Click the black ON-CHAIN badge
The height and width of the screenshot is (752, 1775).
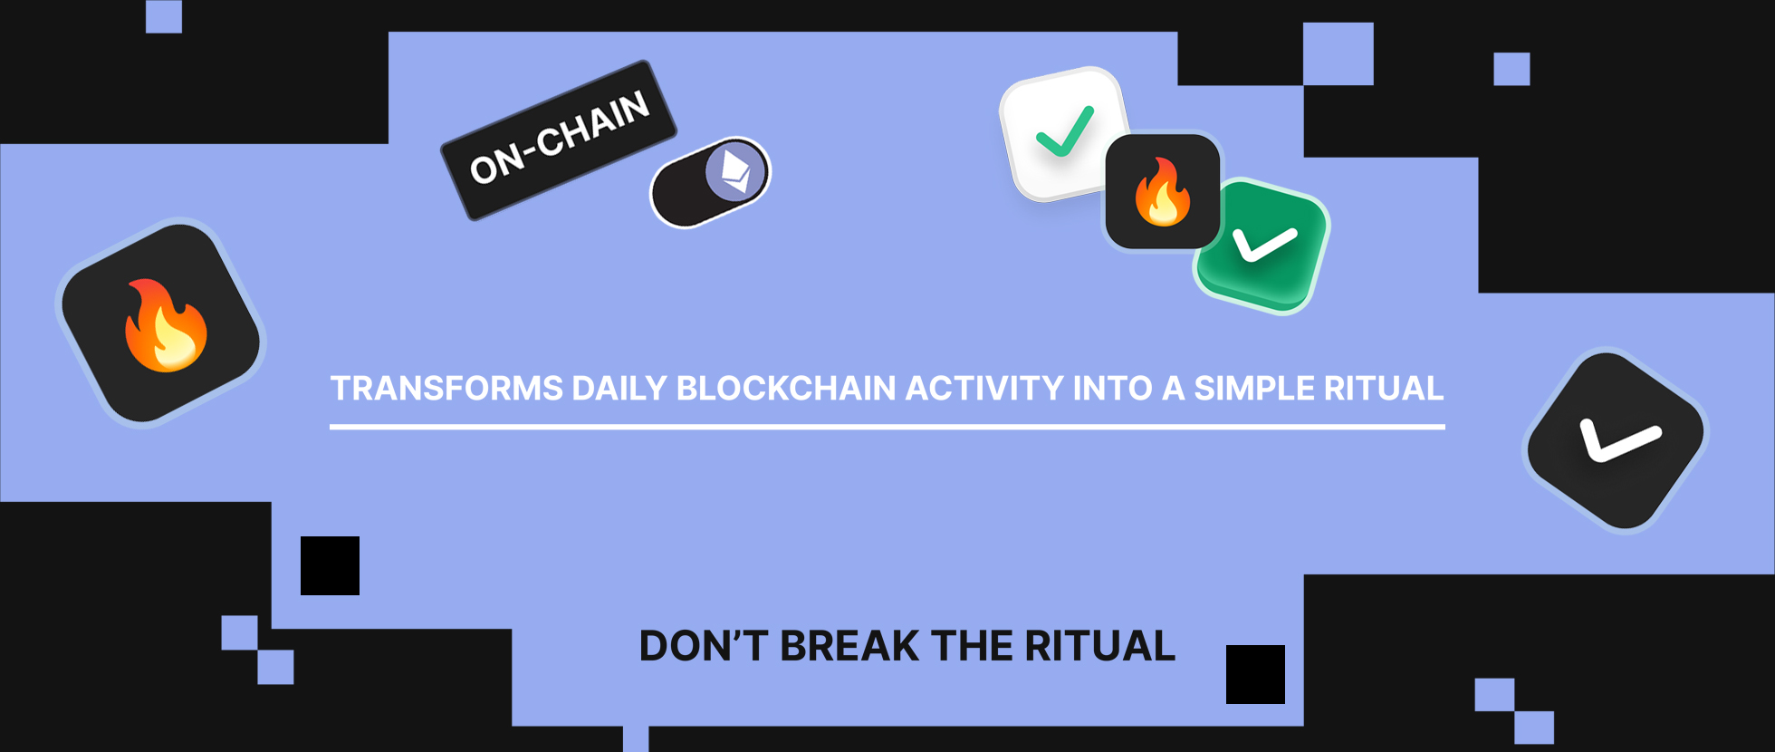point(559,140)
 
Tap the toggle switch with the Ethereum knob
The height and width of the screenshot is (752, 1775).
point(710,182)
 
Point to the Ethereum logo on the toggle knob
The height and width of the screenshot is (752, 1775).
point(735,171)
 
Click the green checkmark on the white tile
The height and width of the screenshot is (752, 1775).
point(1065,131)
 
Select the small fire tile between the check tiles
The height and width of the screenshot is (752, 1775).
point(1163,191)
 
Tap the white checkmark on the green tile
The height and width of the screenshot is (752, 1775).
point(1265,244)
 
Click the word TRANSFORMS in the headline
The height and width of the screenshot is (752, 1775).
point(447,389)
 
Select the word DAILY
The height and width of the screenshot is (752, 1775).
point(619,389)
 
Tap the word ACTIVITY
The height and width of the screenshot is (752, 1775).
point(984,389)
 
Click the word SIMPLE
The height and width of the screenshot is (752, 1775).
point(1254,389)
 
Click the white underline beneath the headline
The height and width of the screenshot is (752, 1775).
point(887,426)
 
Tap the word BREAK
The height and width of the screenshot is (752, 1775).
point(849,646)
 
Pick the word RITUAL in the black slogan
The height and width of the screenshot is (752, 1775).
point(1099,646)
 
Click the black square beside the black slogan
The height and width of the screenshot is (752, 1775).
point(1255,674)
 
